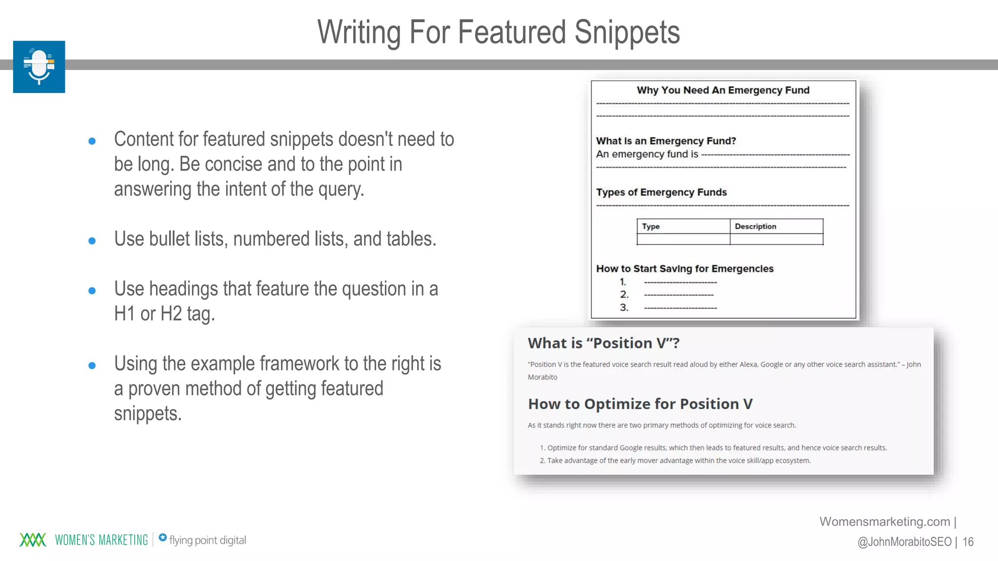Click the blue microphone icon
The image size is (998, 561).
[39, 67]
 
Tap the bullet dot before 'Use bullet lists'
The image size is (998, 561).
[92, 241]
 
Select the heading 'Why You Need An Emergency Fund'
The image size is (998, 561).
[723, 90]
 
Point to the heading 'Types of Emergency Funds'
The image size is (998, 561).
[661, 192]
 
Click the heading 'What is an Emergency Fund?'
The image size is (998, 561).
[666, 141]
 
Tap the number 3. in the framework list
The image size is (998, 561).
[624, 307]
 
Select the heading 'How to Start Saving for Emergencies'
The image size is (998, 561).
[685, 269]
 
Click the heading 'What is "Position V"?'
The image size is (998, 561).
[603, 343]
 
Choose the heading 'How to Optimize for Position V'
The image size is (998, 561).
[640, 404]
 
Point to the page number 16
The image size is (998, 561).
[968, 542]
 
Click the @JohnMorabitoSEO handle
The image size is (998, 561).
[904, 542]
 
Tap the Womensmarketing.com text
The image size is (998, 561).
[884, 522]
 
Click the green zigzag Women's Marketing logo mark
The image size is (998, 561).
[33, 540]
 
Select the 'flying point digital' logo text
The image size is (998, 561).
[207, 540]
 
